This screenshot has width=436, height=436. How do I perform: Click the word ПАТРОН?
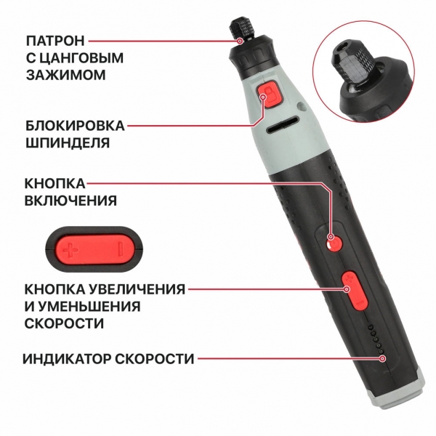point(55,41)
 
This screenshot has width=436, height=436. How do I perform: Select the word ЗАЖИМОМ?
point(66,75)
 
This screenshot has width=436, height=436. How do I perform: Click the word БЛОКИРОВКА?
point(75,126)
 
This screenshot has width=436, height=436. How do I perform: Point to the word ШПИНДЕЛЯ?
point(68,143)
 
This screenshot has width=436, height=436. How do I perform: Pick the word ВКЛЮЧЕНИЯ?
point(70,201)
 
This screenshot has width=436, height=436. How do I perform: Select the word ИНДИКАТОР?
point(67,359)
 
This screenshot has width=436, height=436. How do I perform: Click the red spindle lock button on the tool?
point(270,94)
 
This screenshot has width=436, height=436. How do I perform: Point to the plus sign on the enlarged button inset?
point(70,249)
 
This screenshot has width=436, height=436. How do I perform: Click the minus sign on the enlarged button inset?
point(120,249)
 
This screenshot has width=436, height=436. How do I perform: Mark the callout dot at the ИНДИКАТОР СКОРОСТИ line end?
point(383,359)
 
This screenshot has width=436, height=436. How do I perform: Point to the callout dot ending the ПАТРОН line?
point(240,41)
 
